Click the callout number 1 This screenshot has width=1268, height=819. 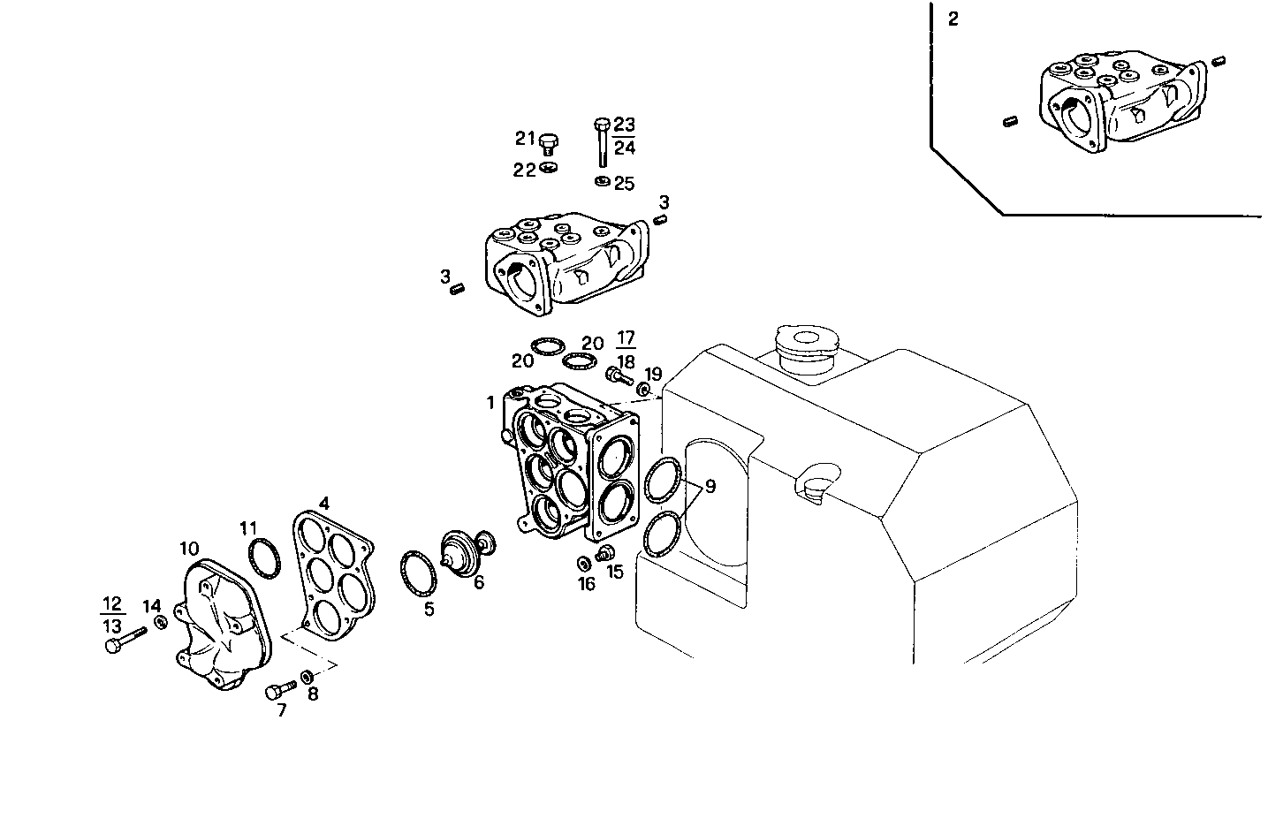[x=490, y=403]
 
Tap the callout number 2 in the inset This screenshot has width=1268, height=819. [x=953, y=19]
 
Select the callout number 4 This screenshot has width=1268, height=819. [x=324, y=504]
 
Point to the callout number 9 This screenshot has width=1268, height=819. [x=710, y=485]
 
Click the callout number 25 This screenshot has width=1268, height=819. [x=625, y=184]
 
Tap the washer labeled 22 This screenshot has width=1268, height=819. [x=548, y=168]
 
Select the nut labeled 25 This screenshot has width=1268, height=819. [x=601, y=181]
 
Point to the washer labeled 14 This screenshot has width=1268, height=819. [x=161, y=623]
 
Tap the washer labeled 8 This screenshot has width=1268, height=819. [x=307, y=677]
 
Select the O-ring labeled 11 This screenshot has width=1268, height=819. [x=262, y=557]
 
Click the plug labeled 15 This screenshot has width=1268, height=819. [x=606, y=554]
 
